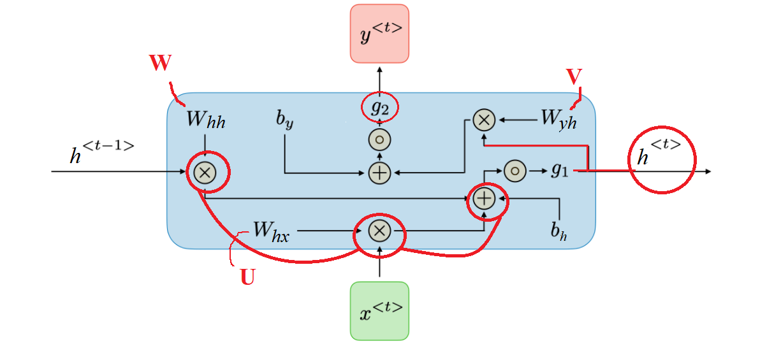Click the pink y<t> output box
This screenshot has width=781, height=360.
click(x=379, y=33)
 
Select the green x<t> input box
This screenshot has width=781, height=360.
click(x=379, y=310)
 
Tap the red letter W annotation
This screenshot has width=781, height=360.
click(x=161, y=64)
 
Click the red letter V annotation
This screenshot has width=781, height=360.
click(x=574, y=76)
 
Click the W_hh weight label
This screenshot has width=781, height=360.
click(x=205, y=120)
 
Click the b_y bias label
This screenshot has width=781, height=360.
click(x=284, y=120)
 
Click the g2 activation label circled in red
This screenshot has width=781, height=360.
click(x=379, y=108)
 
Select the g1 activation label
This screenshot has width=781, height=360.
click(x=559, y=171)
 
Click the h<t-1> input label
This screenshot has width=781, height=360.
click(x=102, y=154)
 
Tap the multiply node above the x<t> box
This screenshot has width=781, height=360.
click(x=379, y=231)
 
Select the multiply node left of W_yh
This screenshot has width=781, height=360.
click(x=484, y=119)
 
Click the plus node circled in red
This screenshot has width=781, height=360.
click(x=485, y=199)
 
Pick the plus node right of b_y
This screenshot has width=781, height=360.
click(x=379, y=172)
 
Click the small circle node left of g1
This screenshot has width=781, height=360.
click(x=515, y=171)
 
